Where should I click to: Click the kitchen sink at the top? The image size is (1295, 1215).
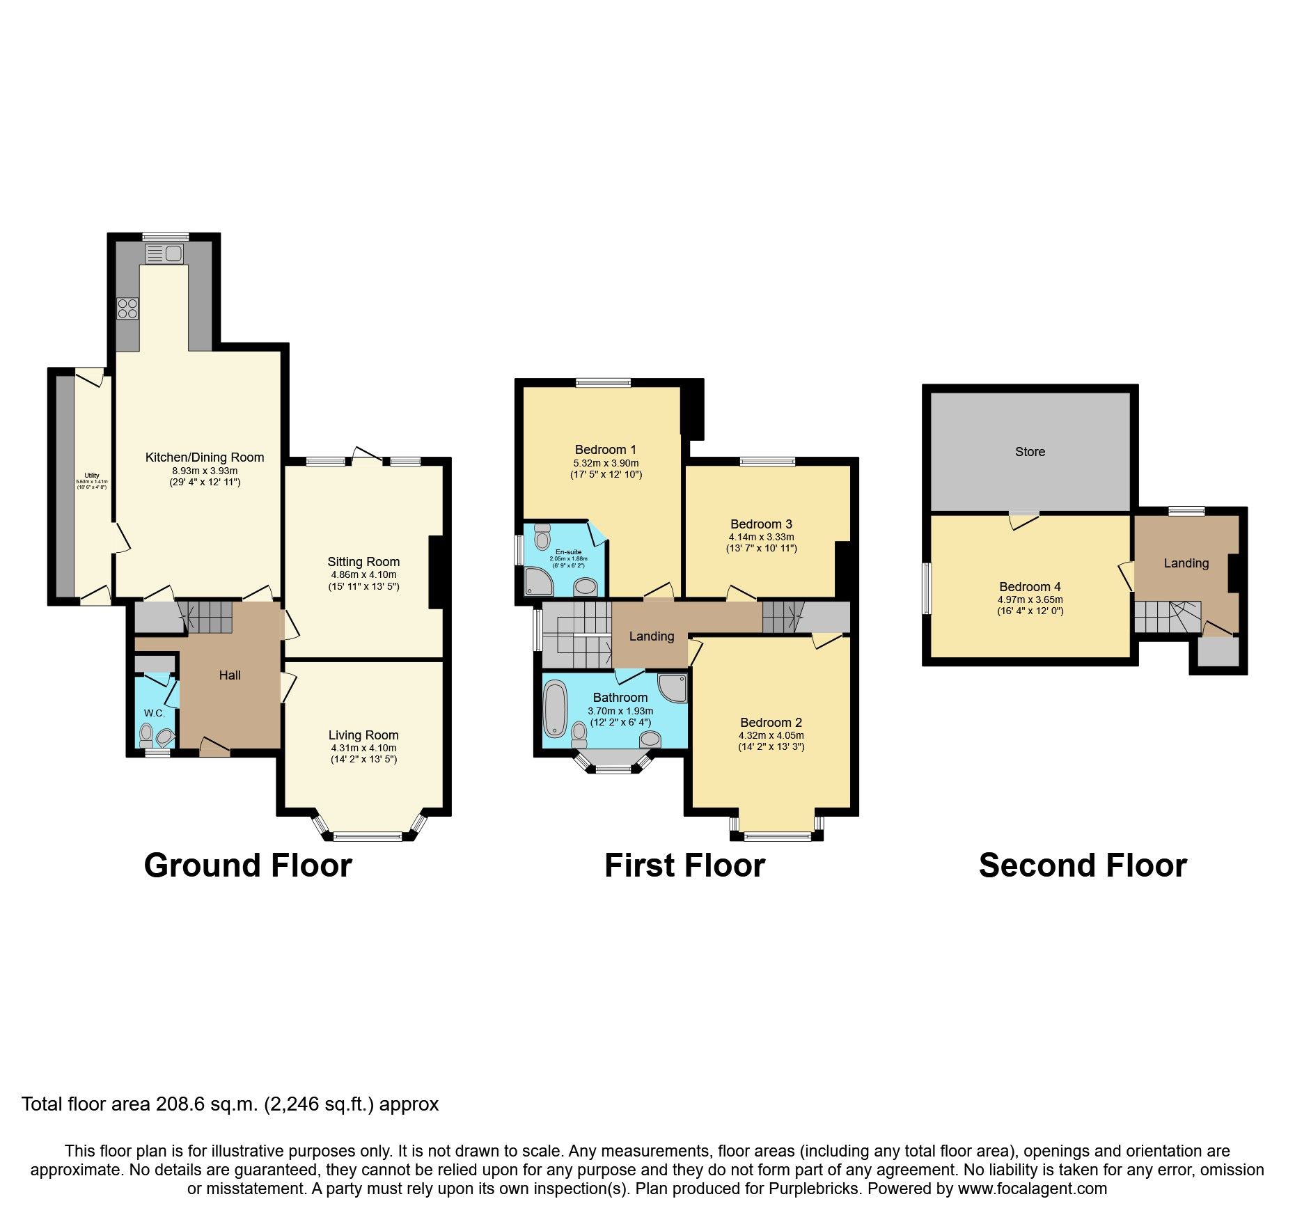click(x=164, y=253)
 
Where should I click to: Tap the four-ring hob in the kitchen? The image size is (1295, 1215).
click(x=127, y=308)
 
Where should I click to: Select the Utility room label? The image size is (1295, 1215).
click(x=92, y=476)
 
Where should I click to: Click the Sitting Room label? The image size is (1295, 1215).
click(x=363, y=562)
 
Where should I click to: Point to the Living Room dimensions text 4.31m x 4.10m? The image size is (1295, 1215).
click(x=363, y=748)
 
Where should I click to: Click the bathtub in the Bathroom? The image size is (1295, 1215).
click(x=555, y=709)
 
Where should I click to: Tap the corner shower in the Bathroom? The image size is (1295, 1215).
click(x=673, y=687)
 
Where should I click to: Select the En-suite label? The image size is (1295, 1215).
click(x=568, y=552)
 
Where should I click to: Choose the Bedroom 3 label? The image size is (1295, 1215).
click(x=761, y=524)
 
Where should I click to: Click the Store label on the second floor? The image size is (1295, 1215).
click(x=1030, y=452)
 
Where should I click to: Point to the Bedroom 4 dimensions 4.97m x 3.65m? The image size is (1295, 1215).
click(x=1030, y=599)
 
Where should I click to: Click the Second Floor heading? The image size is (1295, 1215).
click(x=1082, y=866)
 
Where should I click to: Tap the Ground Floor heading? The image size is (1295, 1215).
click(x=248, y=866)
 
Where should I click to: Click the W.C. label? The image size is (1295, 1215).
click(x=155, y=713)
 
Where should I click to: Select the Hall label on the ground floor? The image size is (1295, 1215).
click(x=230, y=675)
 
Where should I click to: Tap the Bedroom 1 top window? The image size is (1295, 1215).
click(x=603, y=382)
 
